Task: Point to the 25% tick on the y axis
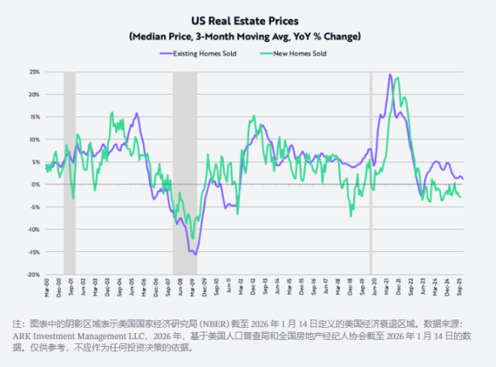click(x=34, y=71)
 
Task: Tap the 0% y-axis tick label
click(x=35, y=184)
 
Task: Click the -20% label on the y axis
click(x=33, y=274)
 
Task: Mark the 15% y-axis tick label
click(x=34, y=117)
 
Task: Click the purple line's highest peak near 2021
click(x=390, y=74)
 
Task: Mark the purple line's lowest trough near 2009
click(x=196, y=255)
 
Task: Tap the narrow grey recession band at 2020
click(x=370, y=173)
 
